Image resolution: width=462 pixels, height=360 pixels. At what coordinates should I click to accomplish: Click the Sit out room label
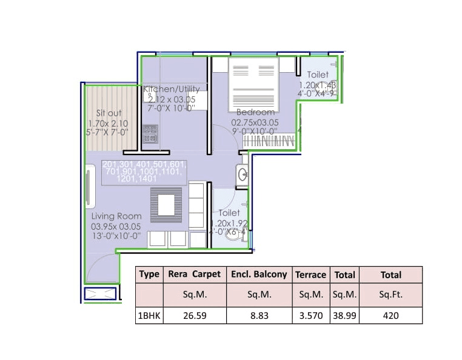(109, 113)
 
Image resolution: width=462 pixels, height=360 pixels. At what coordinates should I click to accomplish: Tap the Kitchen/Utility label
(171, 89)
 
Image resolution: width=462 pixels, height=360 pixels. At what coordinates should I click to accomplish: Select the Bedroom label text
(255, 112)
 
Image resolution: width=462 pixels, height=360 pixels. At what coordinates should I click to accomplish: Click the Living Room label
(116, 216)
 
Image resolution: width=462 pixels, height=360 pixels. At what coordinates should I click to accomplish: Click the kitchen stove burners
(149, 133)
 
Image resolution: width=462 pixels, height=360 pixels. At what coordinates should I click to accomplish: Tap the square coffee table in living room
(166, 201)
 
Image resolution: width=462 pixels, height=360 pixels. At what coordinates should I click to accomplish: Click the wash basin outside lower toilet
(242, 175)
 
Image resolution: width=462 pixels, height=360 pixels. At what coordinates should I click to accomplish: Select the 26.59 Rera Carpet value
(195, 316)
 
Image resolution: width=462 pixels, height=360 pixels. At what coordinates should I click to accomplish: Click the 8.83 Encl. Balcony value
(259, 316)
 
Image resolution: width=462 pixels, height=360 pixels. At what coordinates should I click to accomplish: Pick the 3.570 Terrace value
(310, 316)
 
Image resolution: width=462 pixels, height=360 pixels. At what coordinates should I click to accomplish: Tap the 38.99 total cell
(344, 316)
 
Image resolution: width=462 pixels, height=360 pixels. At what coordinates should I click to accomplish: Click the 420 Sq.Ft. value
(390, 316)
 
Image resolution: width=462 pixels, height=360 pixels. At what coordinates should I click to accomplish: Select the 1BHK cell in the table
(149, 316)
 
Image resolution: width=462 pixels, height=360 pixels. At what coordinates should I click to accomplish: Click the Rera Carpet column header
(195, 274)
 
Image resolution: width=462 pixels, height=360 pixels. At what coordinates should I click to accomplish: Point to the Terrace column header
(310, 275)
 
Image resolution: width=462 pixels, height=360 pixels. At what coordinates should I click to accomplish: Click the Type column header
(149, 274)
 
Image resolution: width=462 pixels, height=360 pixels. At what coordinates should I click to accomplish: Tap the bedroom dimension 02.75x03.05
(255, 121)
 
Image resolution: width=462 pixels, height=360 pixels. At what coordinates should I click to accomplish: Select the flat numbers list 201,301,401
(145, 165)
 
